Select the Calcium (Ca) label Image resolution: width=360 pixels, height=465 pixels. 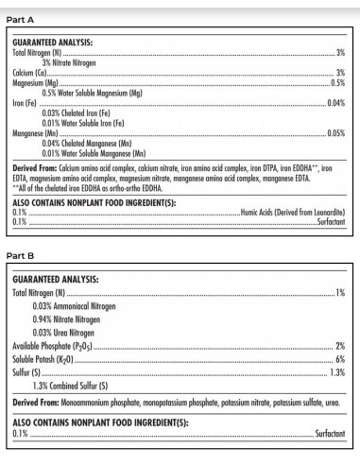(x=32, y=72)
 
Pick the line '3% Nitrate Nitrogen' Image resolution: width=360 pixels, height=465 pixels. (x=76, y=61)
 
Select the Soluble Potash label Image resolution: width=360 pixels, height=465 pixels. (x=46, y=359)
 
